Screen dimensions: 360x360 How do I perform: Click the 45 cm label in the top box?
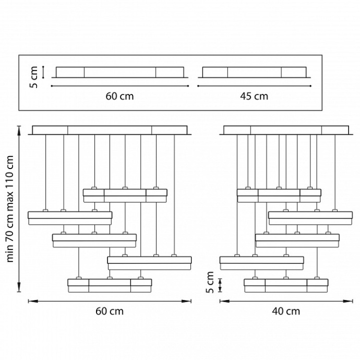255,96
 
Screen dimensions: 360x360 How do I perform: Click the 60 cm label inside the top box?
119,96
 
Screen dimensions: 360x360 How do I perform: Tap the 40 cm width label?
286,311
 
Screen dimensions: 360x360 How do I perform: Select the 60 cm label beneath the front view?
110,311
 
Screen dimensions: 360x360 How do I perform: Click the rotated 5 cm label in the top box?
34,77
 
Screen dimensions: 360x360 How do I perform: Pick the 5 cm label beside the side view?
210,282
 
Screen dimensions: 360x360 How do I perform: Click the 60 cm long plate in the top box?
119,72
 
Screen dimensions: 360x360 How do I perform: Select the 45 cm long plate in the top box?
254,72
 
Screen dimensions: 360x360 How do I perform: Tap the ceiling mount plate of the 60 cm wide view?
110,130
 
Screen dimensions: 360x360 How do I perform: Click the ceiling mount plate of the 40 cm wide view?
286,130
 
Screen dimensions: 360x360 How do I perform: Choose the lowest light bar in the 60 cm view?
110,285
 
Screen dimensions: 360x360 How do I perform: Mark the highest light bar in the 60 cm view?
125,195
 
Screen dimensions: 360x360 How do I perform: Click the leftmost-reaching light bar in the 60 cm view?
70,218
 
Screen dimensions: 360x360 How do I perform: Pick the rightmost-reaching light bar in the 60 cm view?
150,262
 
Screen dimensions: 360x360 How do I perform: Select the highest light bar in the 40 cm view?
279,195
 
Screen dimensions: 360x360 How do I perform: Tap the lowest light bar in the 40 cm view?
286,285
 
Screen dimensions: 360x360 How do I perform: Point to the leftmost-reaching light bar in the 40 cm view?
262,262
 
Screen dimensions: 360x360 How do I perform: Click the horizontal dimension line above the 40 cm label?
286,301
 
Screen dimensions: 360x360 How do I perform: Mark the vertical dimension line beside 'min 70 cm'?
19,209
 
